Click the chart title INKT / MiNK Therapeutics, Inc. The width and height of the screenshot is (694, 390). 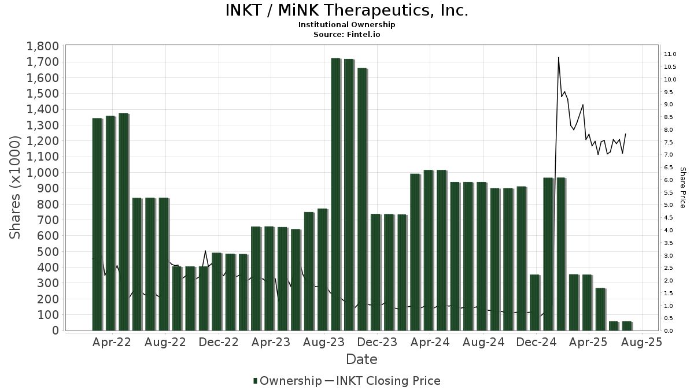pos(346,10)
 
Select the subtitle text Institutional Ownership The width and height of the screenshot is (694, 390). pos(346,25)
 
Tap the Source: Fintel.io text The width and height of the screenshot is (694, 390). pos(346,35)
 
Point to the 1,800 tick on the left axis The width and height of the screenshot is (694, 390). pos(42,46)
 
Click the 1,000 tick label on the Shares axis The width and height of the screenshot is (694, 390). pos(42,173)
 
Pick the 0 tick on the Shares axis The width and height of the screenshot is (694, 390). pos(55,330)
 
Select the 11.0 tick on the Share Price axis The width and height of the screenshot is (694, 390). pos(670,54)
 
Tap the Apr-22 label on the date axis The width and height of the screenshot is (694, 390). pos(112,343)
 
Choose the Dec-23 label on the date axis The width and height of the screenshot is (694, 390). pos(376,343)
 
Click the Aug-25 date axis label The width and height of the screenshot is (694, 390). pos(641,343)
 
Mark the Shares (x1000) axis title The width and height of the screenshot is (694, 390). pos(16,188)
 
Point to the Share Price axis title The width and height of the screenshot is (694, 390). pos(682,188)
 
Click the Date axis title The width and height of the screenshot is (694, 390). pos(361,359)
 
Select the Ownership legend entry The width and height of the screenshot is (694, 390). pos(287,381)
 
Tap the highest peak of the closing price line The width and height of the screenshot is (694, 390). pos(558,58)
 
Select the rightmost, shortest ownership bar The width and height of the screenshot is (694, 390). pos(627,326)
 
